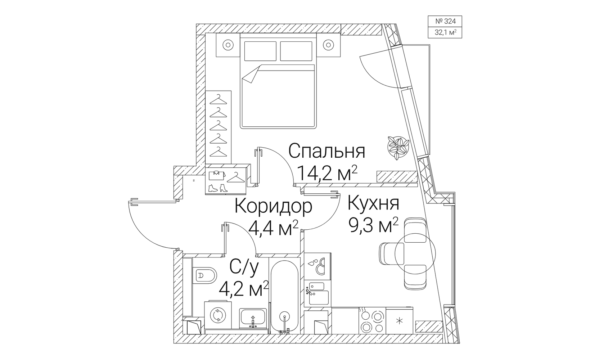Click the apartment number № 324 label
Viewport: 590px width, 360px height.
[445, 21]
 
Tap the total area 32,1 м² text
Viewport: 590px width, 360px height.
[445, 32]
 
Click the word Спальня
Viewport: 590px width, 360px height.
[326, 151]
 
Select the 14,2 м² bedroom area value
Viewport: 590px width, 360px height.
[327, 172]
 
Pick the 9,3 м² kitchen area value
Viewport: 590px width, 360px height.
[373, 225]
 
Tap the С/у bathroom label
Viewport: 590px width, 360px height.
[244, 267]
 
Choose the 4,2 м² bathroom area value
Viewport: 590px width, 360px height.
[244, 289]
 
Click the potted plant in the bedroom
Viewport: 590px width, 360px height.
[398, 148]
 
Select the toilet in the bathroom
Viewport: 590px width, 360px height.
[204, 275]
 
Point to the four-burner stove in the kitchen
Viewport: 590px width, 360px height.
[372, 321]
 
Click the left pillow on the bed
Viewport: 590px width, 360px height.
[260, 51]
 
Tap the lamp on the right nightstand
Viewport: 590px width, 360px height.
[328, 45]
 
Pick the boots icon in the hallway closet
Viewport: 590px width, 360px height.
[218, 188]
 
